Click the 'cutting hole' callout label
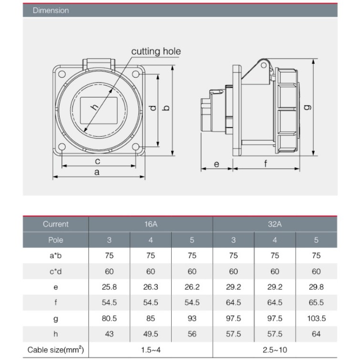coord(156,51)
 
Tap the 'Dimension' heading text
coord(51,10)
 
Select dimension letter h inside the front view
coord(94,107)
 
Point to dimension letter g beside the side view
coord(307,107)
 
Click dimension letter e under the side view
coord(216,164)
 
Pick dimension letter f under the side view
coord(266,164)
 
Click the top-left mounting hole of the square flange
coord(62,74)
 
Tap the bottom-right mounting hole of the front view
coord(136,147)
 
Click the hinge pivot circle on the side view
coord(264,65)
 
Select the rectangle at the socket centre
coord(99,111)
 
